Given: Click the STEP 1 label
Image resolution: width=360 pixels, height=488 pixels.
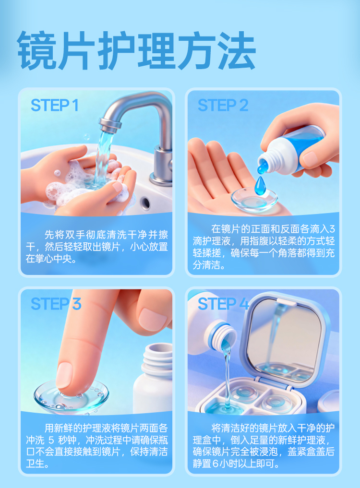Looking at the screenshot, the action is [x=55, y=105].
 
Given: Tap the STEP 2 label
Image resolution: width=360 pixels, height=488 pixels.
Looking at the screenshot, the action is [x=223, y=105].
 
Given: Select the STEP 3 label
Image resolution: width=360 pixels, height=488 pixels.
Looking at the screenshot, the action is [x=56, y=304].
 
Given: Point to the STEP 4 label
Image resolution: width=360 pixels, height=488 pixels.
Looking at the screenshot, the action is [x=223, y=304].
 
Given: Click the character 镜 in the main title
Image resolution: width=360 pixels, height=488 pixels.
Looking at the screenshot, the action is [x=36, y=50].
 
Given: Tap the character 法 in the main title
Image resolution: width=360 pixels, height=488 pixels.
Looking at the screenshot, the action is [x=237, y=50].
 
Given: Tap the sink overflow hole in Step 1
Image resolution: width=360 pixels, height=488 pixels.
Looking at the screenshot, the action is [x=145, y=203].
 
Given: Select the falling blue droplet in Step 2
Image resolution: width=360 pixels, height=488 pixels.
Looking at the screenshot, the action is [x=259, y=186].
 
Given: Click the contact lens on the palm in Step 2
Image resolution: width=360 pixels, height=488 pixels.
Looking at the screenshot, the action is [x=254, y=200].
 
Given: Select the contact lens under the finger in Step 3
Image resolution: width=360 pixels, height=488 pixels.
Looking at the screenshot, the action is [x=72, y=396].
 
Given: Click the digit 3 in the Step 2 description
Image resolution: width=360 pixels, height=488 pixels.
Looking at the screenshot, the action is [x=332, y=229].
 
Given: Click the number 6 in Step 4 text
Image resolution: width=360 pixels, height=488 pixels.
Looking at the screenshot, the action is [x=216, y=464].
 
